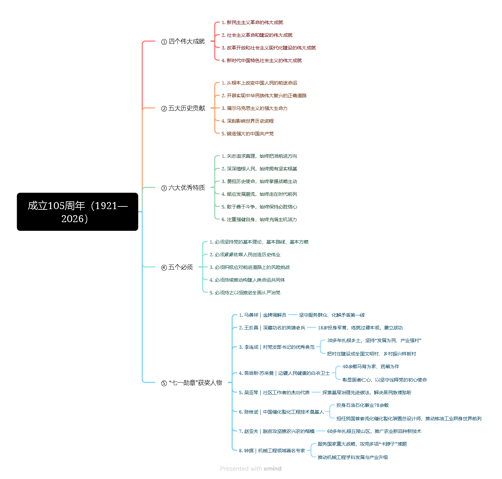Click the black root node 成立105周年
tap(78, 212)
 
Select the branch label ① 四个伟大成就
tap(183, 41)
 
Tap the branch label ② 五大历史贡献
tap(183, 108)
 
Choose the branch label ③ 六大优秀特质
tap(183, 188)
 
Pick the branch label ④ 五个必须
tap(177, 267)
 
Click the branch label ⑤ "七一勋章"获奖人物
tap(192, 383)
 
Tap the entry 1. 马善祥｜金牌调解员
tap(262, 315)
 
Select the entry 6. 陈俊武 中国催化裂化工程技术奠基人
tap(281, 412)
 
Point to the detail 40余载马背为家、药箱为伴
tap(371, 366)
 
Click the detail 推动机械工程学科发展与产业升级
tap(353, 457)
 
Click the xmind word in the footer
tap(272, 469)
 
